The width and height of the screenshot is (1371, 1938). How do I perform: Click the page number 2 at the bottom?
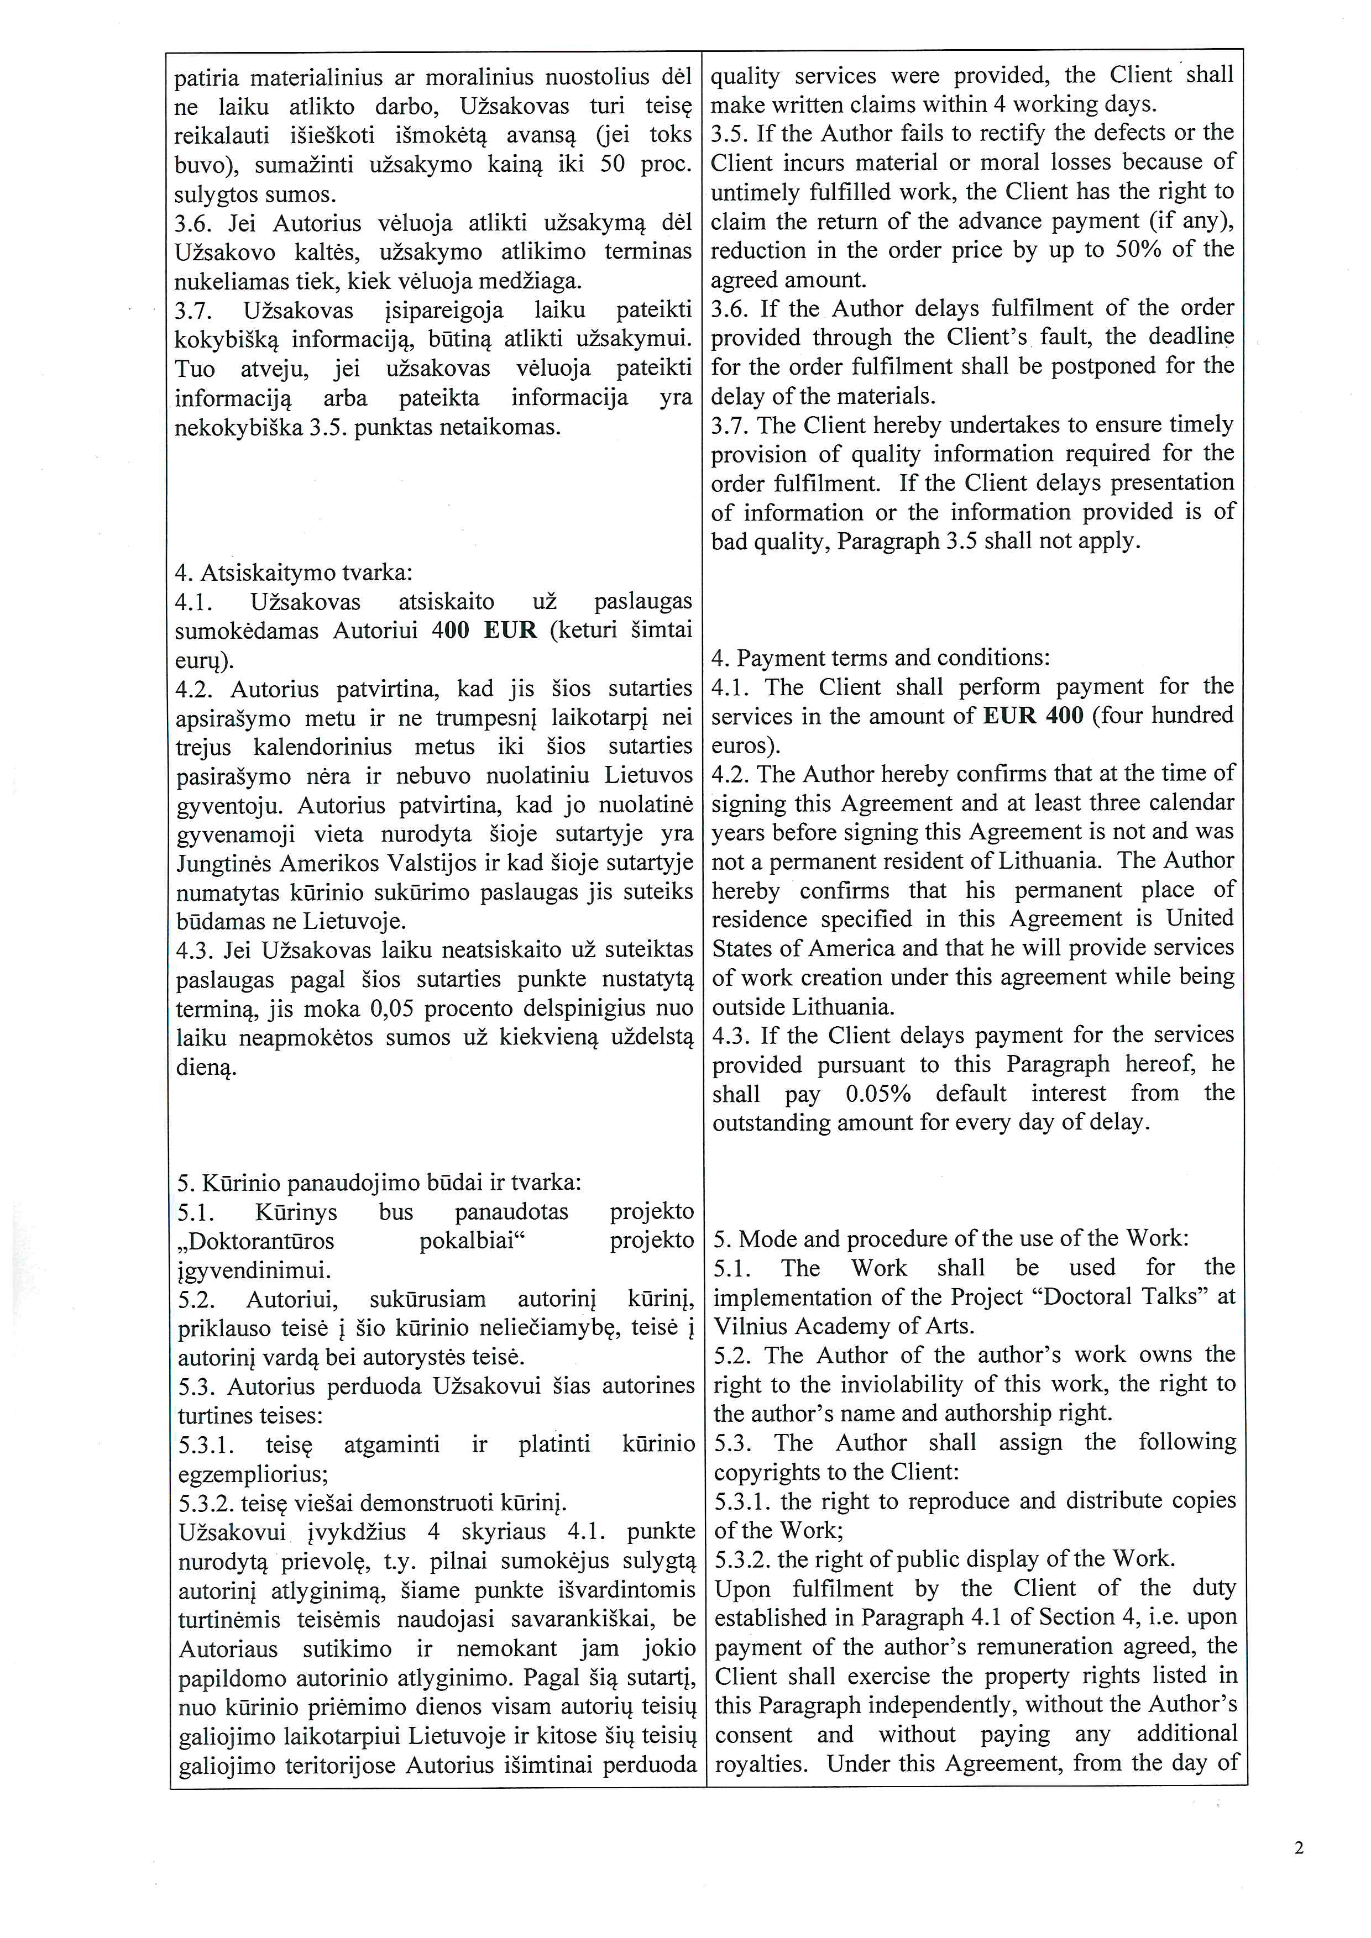pos(1299,1848)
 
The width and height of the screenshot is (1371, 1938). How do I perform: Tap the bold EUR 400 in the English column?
pos(1033,715)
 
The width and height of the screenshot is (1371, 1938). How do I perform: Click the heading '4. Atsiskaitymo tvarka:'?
pos(294,573)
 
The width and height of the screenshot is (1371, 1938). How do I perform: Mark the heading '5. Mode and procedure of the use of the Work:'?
pos(951,1238)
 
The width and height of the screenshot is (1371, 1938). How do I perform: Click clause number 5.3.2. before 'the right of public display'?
pos(742,1558)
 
